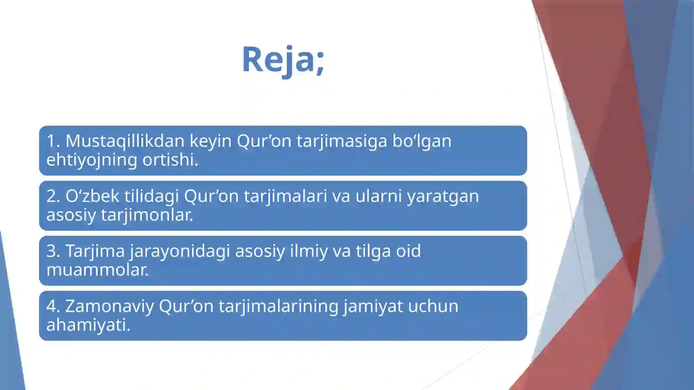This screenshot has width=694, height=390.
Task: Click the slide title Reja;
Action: [283, 59]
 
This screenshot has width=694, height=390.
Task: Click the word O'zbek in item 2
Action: [92, 196]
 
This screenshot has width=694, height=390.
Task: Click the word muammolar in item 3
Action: [97, 270]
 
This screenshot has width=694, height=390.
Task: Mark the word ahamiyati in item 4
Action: [88, 325]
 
